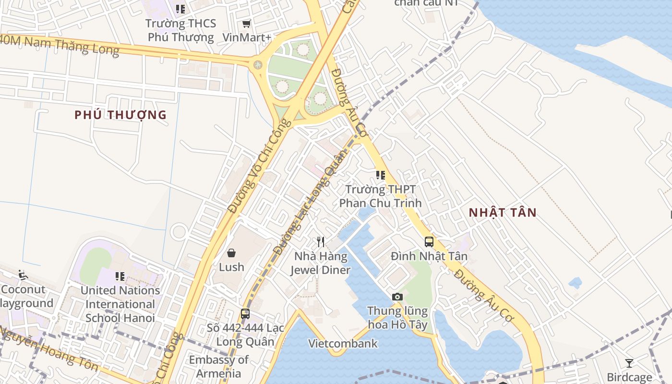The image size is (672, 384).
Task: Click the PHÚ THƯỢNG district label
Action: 120,115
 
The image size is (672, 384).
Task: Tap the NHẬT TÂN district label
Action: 503,213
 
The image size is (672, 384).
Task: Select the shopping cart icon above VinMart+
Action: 246,24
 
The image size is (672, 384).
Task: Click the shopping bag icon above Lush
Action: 231,253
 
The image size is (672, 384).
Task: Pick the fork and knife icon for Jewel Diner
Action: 321,242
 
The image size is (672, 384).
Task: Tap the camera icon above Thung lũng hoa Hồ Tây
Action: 397,297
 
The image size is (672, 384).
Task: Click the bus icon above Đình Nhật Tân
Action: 429,242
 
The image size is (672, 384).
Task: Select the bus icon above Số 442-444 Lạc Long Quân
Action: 245,314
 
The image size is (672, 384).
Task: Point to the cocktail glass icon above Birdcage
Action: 629,363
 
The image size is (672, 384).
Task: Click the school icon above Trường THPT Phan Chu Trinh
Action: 381,175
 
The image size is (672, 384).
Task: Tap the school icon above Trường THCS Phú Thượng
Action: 180,9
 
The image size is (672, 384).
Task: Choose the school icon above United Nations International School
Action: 120,276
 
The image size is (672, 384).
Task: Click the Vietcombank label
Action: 343,344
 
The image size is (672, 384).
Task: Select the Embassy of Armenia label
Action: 218,366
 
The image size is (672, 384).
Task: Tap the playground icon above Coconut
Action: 23,275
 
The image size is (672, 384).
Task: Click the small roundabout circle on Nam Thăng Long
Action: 258,64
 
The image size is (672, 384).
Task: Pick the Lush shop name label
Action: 231,267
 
